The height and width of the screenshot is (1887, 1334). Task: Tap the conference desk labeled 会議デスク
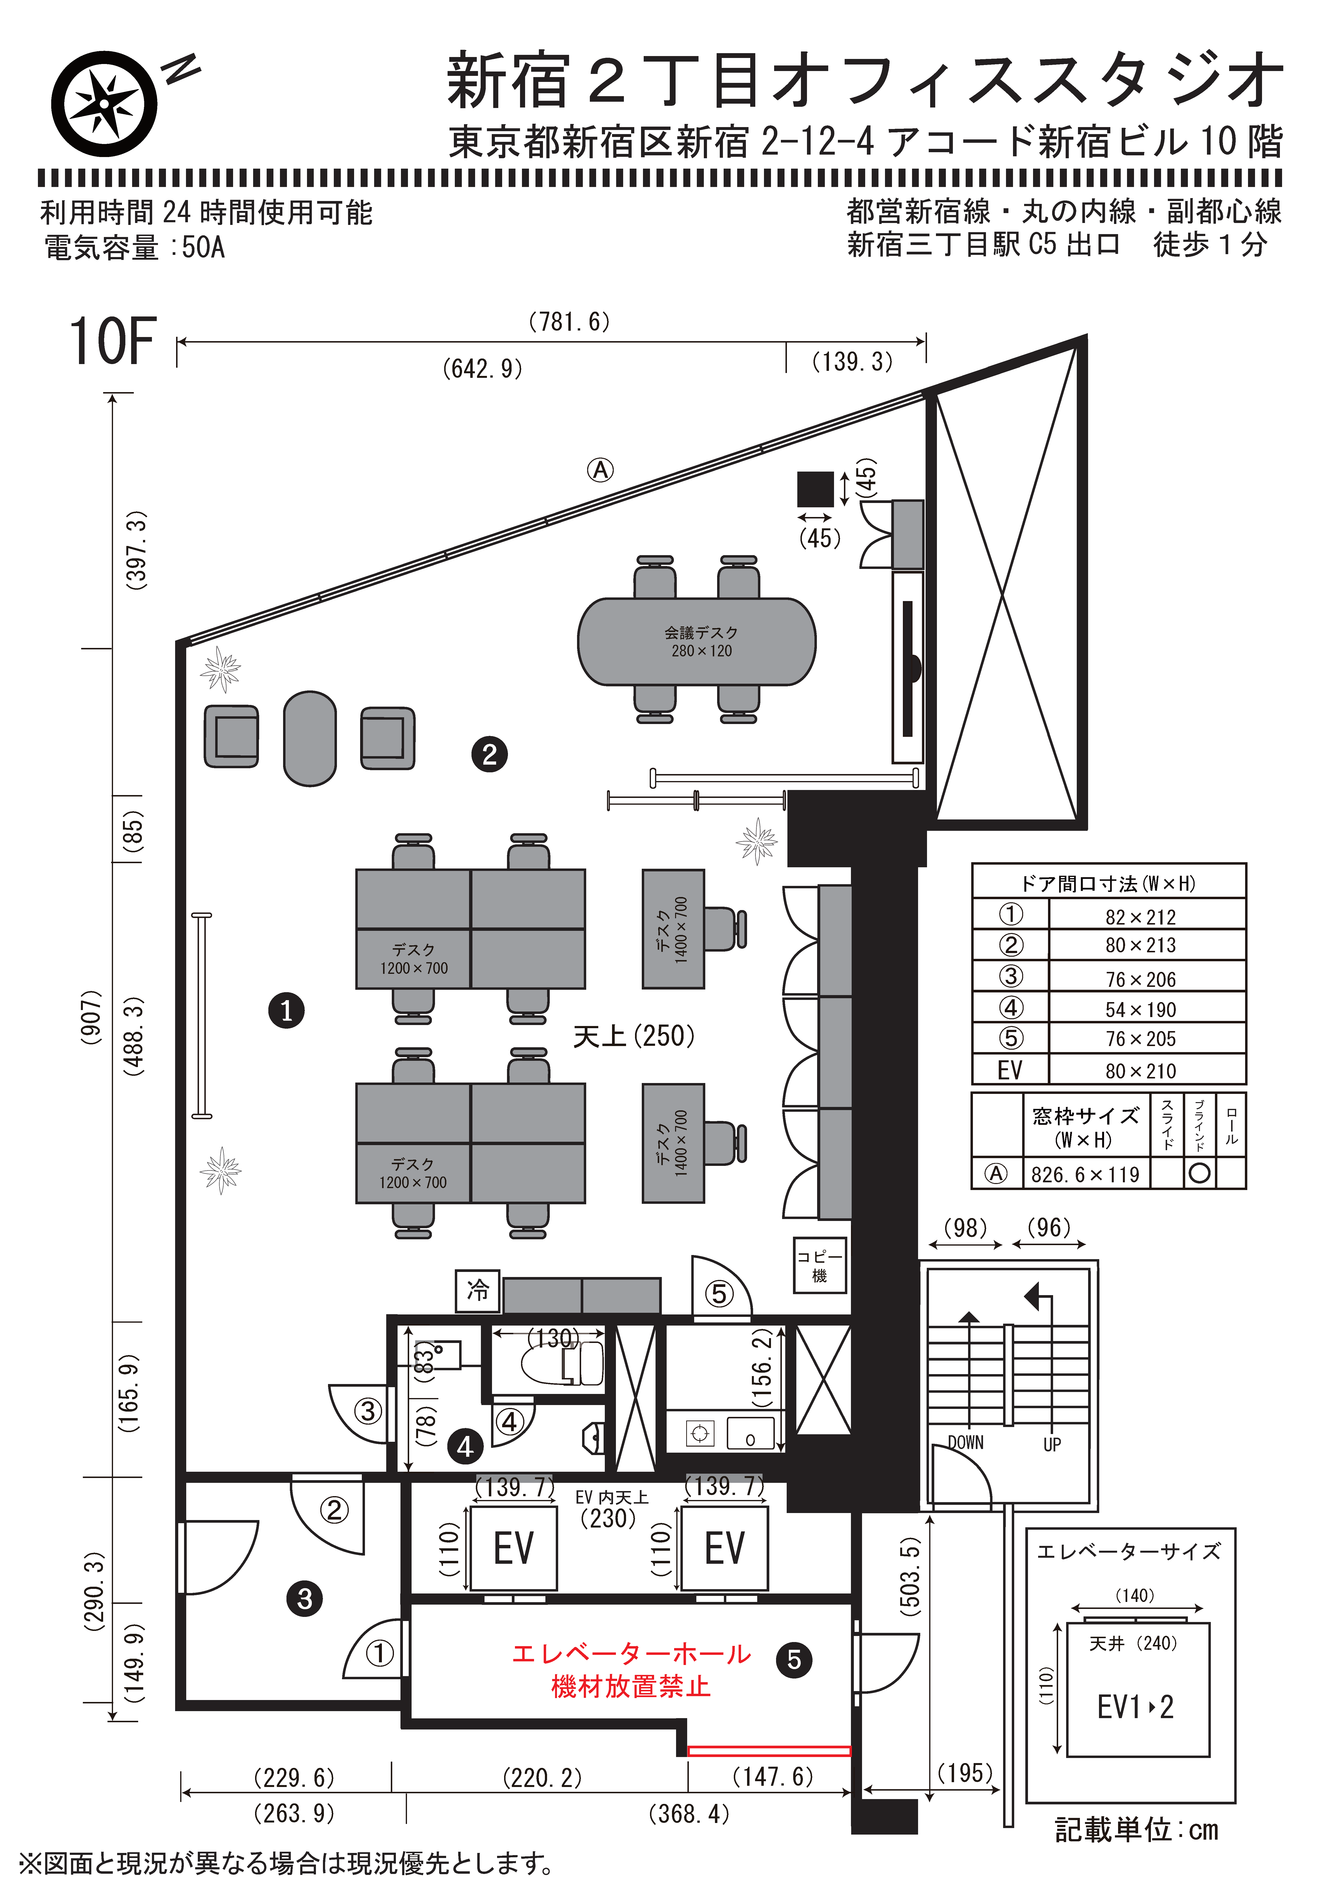click(x=697, y=642)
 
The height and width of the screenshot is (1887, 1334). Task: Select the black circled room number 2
click(x=490, y=754)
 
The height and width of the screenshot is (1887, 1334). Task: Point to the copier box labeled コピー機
click(x=820, y=1266)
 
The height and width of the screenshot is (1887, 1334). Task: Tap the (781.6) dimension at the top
click(x=570, y=321)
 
